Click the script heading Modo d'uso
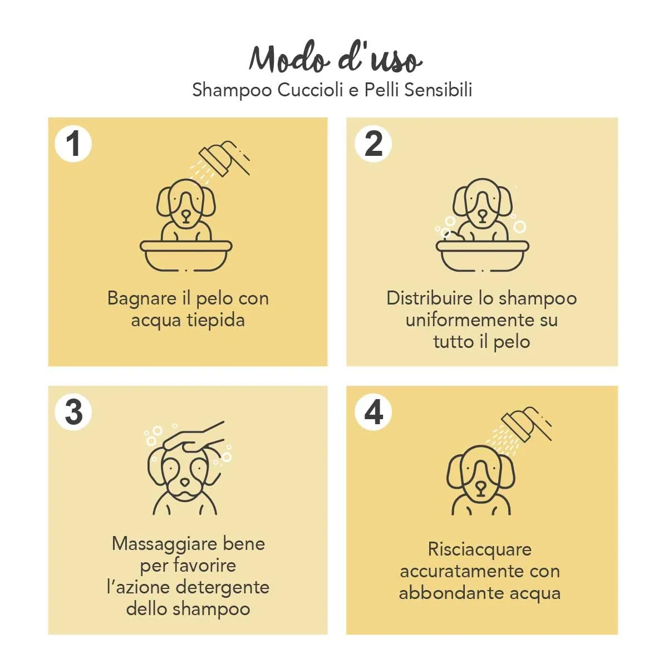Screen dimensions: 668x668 (335, 58)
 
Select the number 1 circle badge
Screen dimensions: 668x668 (73, 144)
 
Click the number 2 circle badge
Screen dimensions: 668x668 (373, 144)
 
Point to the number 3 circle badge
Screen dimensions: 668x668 (73, 412)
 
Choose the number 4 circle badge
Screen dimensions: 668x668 (373, 412)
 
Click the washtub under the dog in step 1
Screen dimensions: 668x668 (186, 256)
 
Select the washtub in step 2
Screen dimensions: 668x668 (482, 256)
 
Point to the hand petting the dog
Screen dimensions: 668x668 (194, 438)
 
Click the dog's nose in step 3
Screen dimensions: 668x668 (185, 482)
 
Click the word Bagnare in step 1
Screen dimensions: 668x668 (142, 298)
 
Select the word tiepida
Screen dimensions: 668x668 (216, 320)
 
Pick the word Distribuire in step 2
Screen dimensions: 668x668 (430, 298)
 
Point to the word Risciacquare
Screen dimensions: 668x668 (480, 549)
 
